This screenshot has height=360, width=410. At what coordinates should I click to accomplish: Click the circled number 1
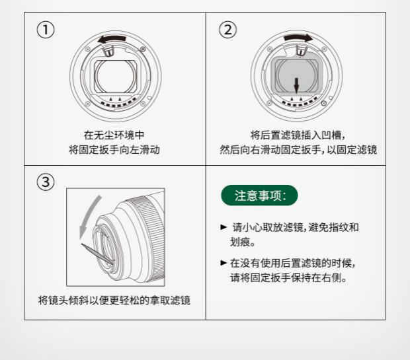click(46, 30)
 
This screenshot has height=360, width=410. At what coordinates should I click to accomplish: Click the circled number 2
click(227, 30)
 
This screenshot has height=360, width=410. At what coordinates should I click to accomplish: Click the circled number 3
click(46, 182)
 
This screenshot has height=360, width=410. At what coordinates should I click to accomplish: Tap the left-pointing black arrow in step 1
click(112, 39)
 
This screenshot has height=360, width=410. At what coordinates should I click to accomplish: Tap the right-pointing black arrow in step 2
click(298, 38)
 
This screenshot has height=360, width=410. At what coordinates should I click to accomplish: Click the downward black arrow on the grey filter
click(296, 86)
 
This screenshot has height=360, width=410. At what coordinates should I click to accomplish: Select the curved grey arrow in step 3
click(89, 216)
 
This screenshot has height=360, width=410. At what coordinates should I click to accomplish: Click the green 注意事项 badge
click(259, 196)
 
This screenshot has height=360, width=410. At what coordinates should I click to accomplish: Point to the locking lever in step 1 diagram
click(108, 50)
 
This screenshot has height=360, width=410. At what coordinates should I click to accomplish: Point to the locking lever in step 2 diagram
click(301, 50)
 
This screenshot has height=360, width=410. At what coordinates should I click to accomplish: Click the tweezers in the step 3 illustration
click(97, 254)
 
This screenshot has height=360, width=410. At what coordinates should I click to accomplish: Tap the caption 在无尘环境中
click(114, 135)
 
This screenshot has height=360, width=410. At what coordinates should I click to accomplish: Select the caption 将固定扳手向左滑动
click(114, 150)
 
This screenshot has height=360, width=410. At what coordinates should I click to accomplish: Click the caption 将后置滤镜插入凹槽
click(296, 135)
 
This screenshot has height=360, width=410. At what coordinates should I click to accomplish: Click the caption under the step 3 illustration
click(114, 300)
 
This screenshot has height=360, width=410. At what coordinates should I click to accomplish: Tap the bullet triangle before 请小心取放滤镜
click(224, 227)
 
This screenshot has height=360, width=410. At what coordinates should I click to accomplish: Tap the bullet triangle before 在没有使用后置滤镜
click(224, 262)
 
